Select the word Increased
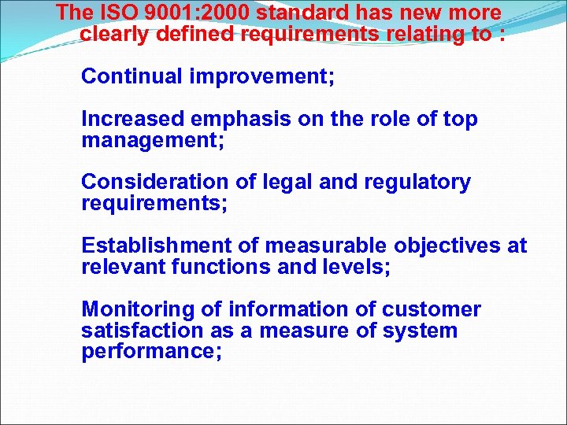(132, 119)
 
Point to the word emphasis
(245, 120)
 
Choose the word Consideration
(154, 182)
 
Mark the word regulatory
(417, 183)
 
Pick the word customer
(432, 309)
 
